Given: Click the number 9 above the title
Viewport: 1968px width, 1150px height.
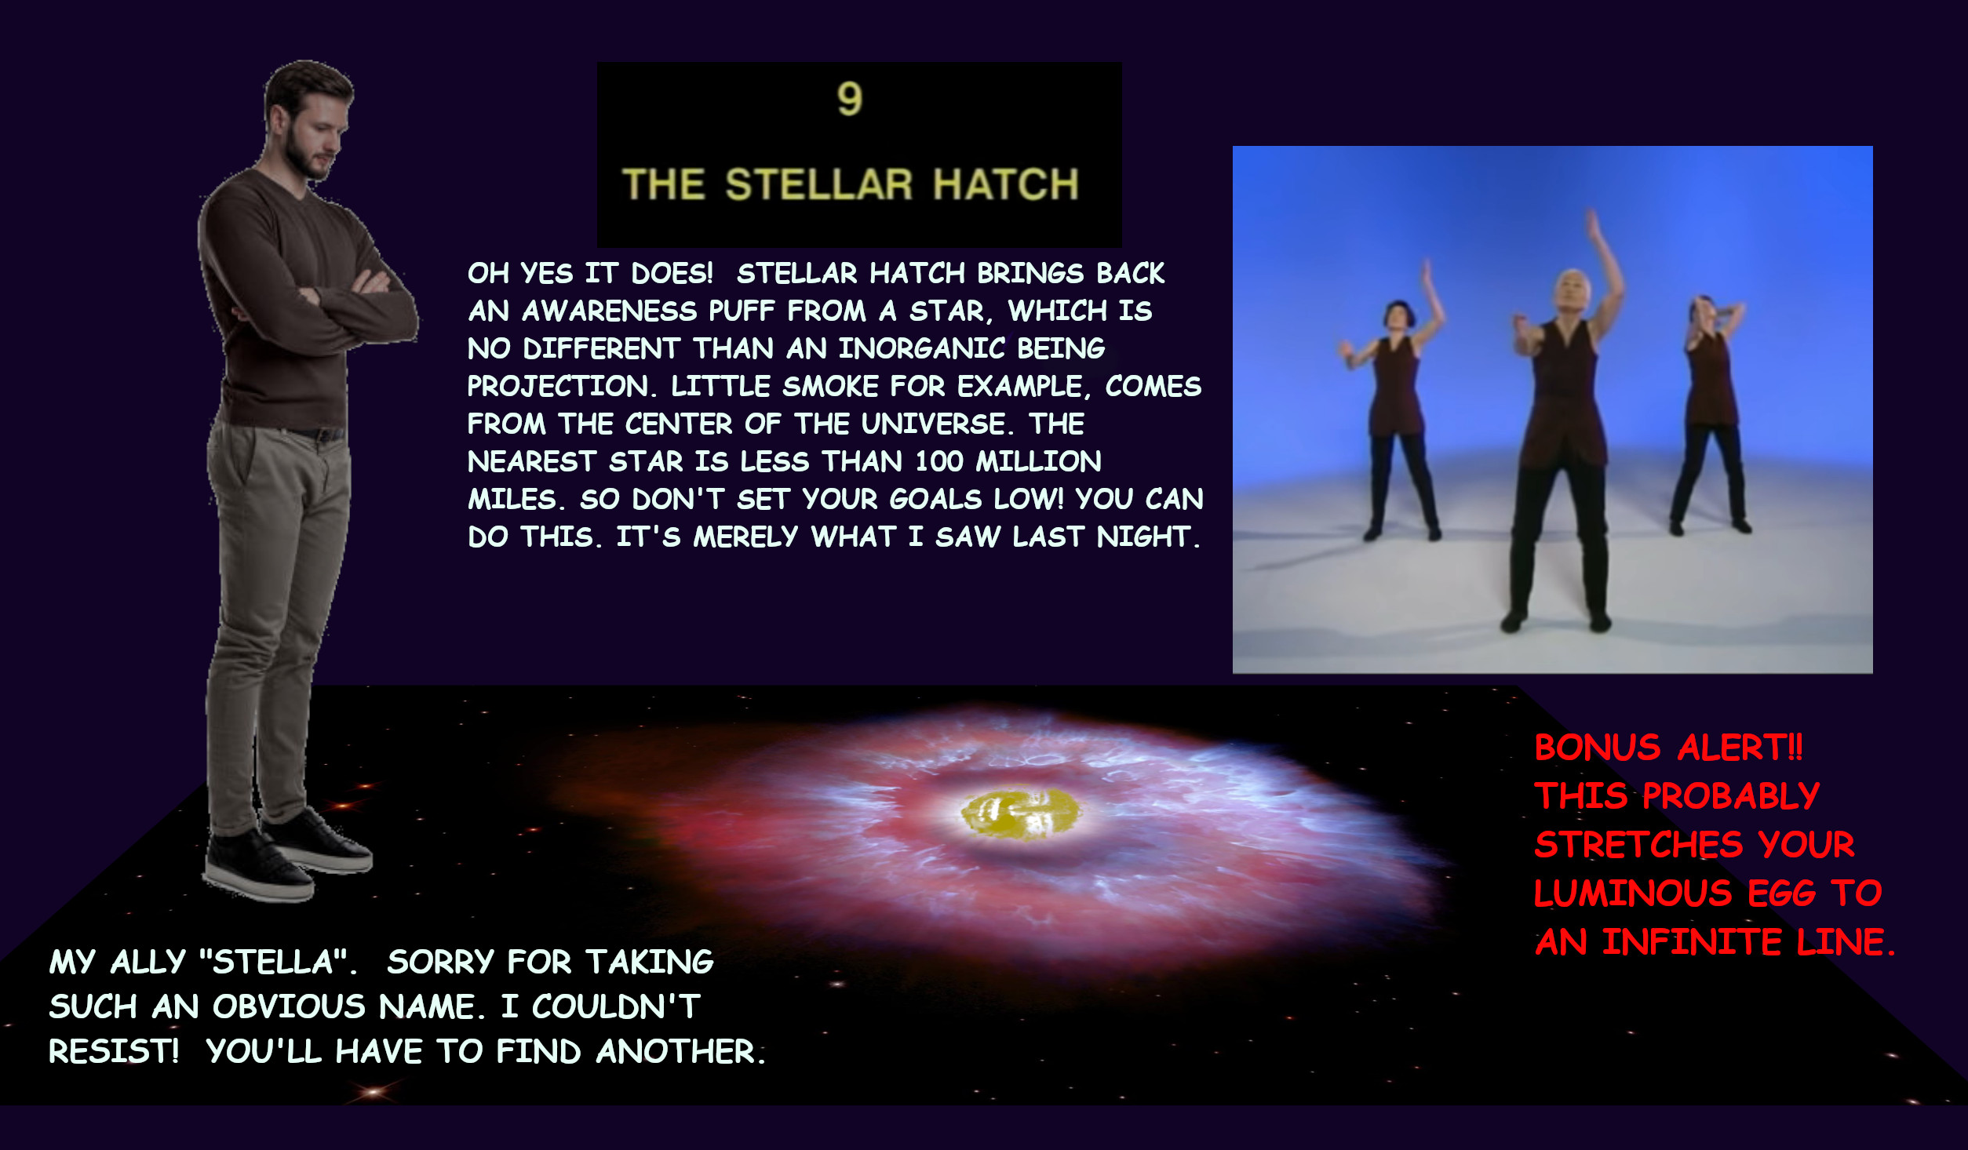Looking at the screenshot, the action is pos(850,100).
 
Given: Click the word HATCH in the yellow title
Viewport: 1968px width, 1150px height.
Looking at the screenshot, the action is pos(1006,185).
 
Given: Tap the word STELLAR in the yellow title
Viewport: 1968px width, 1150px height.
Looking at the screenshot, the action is pos(819,185).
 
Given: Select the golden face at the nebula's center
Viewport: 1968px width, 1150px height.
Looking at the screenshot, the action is pos(1020,813).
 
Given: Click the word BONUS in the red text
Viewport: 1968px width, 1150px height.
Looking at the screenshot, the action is pos(1597,748).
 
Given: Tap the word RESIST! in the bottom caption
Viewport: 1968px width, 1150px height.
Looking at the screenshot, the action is pos(114,1051).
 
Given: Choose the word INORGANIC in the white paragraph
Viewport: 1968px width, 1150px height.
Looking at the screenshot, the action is pos(921,348).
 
